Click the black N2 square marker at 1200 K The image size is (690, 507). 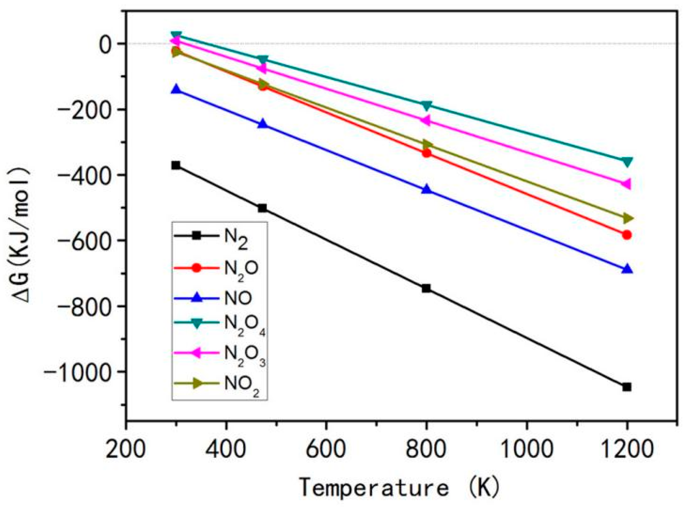click(627, 387)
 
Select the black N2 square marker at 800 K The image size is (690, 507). click(426, 288)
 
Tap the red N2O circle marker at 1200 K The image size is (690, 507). click(627, 235)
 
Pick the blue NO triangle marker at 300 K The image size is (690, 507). click(176, 90)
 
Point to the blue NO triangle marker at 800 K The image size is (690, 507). click(426, 189)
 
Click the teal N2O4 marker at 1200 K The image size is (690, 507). click(627, 162)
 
